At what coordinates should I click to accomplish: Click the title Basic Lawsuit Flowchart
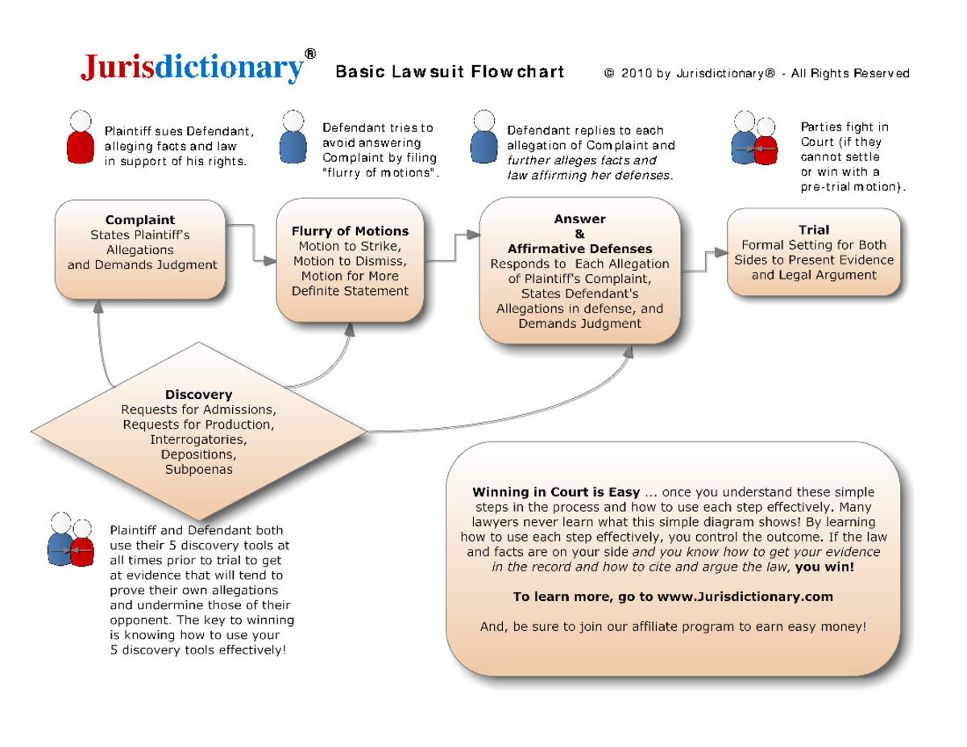click(x=450, y=73)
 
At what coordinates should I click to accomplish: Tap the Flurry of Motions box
click(x=350, y=261)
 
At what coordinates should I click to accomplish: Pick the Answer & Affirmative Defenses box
click(x=579, y=272)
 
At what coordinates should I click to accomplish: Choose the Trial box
click(x=814, y=252)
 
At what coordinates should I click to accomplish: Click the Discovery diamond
click(x=198, y=431)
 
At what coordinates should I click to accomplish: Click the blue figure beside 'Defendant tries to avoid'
click(x=293, y=138)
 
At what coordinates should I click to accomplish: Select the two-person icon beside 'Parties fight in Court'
click(x=754, y=139)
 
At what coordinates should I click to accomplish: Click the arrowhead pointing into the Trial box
click(x=721, y=252)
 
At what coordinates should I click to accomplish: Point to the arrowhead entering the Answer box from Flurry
click(x=474, y=235)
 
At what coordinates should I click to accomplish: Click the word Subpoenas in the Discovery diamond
click(x=198, y=469)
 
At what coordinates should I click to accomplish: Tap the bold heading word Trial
click(x=814, y=230)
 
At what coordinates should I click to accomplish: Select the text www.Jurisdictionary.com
click(x=745, y=597)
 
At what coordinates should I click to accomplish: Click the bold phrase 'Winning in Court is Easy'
click(x=556, y=492)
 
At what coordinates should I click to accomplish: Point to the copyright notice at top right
click(x=757, y=74)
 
